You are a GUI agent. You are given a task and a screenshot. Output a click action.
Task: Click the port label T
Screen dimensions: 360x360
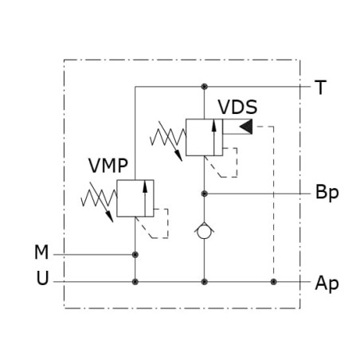320,88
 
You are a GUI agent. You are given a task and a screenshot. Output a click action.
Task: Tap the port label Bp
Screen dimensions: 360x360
327,193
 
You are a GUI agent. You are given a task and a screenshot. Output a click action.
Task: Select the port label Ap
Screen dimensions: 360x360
327,284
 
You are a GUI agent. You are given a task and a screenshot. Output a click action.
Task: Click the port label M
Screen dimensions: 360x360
41,252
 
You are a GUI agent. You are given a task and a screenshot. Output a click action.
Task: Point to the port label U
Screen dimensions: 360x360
42,278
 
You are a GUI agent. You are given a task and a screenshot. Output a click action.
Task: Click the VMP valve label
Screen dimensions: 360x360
108,166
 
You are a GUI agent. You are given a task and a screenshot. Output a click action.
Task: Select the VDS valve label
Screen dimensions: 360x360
237,107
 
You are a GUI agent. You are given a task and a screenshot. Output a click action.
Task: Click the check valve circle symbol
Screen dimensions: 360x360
204,232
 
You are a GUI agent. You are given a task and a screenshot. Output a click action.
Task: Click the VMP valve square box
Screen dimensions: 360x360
135,198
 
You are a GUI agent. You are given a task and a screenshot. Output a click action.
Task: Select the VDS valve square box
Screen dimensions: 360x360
204,137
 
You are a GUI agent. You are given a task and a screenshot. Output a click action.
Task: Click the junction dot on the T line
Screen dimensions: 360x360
204,87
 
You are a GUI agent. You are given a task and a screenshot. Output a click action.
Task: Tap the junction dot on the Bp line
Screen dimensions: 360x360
204,194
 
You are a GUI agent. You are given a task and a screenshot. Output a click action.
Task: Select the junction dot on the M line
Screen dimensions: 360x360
135,255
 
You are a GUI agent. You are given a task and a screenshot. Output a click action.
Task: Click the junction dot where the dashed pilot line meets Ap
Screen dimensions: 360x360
273,282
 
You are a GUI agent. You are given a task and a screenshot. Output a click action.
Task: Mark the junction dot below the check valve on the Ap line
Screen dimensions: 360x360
204,282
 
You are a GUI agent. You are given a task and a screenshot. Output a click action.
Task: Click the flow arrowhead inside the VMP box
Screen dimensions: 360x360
145,186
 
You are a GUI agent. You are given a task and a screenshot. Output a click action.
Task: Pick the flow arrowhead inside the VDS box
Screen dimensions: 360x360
214,126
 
